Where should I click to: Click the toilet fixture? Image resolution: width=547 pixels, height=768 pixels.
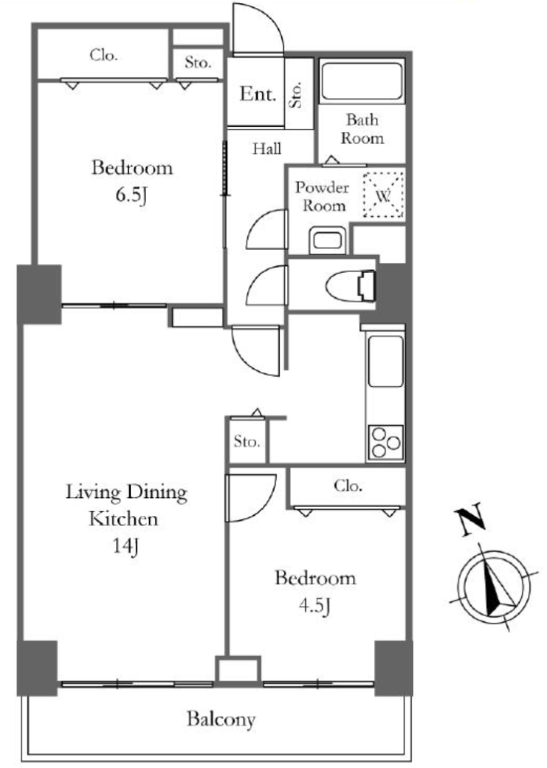pos(351,286)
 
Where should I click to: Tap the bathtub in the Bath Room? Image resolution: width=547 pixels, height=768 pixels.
pos(362,80)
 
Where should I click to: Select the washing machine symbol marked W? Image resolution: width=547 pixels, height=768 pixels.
pos(384,196)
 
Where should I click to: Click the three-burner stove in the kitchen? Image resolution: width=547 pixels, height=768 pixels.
pos(386,442)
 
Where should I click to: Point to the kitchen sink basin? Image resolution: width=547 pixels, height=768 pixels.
pos(386,361)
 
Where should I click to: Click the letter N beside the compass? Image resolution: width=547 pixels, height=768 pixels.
pos(470,519)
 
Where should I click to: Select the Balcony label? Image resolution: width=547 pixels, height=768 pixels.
pos(221,719)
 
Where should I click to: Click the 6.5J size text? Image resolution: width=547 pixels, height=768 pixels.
pos(132,196)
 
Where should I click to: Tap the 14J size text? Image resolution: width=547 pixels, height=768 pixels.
pos(126,545)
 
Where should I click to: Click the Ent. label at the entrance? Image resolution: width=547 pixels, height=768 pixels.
pos(258,94)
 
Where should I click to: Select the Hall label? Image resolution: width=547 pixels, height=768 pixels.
pos(267,148)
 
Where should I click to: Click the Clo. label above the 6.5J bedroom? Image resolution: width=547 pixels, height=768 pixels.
pos(103,55)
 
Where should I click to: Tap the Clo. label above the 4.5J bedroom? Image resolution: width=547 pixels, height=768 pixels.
pos(348,485)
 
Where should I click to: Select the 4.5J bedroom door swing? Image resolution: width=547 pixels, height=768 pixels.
pos(252,498)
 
